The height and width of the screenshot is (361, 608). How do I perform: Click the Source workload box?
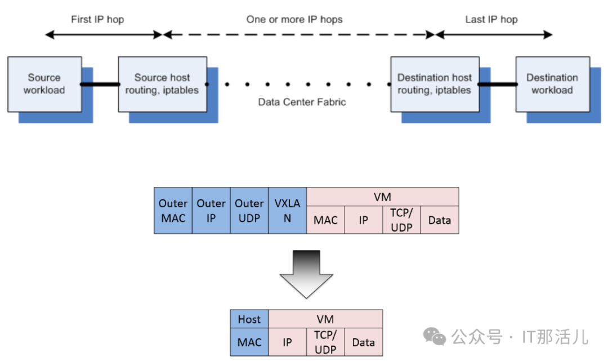44,84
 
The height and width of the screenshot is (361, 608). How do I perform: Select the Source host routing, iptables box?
162,84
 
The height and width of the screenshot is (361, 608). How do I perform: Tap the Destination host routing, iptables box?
435,84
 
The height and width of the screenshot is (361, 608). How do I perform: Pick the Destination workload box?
552,84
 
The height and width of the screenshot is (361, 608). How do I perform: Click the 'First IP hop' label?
97,20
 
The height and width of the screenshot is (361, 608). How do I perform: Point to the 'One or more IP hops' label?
294,20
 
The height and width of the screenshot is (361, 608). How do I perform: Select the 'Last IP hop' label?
491,20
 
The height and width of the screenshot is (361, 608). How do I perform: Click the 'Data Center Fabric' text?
302,102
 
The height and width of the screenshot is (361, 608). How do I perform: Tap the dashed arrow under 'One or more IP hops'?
298,35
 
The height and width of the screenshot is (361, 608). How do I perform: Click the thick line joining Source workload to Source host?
100,84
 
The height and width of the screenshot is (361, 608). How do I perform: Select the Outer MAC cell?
173,211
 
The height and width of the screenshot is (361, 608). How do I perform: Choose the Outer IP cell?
211,211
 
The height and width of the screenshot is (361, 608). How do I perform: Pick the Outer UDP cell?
249,211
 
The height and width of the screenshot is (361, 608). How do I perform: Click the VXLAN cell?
287,211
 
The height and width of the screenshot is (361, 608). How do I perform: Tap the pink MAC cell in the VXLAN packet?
325,220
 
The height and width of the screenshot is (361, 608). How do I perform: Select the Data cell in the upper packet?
440,220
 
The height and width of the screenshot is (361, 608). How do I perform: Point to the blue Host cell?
249,319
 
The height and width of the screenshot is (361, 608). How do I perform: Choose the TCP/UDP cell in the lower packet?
325,342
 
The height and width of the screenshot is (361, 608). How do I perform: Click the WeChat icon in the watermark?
435,337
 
